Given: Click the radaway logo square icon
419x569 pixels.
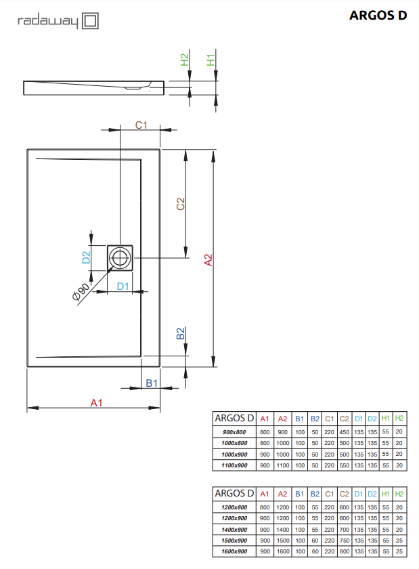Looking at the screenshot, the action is pyautogui.click(x=90, y=21).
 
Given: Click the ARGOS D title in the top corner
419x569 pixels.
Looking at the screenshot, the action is pyautogui.click(x=378, y=16).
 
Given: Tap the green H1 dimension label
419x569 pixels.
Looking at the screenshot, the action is pyautogui.click(x=211, y=60).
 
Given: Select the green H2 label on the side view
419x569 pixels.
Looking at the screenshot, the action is pyautogui.click(x=185, y=60).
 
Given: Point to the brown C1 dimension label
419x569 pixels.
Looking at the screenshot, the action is pyautogui.click(x=141, y=125).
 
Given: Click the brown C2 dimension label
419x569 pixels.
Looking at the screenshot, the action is pyautogui.click(x=180, y=204).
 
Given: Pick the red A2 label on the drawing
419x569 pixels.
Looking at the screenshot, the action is pyautogui.click(x=208, y=260).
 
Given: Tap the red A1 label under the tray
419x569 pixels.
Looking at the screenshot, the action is pyautogui.click(x=96, y=403).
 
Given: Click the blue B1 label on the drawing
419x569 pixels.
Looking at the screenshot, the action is pyautogui.click(x=152, y=383).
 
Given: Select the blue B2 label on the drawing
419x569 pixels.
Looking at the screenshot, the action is pyautogui.click(x=180, y=333).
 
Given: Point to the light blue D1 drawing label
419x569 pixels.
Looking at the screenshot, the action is pyautogui.click(x=123, y=287).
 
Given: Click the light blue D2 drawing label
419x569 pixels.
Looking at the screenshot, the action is pyautogui.click(x=86, y=257).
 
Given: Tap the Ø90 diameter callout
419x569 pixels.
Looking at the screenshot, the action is pyautogui.click(x=81, y=292).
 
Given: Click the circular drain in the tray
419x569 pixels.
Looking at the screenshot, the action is pyautogui.click(x=120, y=258).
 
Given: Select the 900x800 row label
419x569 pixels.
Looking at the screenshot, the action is pyautogui.click(x=234, y=432).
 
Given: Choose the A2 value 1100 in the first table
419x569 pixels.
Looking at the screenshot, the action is pyautogui.click(x=282, y=465).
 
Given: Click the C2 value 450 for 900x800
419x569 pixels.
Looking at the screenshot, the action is pyautogui.click(x=344, y=432).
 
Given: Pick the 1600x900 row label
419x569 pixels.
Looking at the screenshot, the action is pyautogui.click(x=234, y=551).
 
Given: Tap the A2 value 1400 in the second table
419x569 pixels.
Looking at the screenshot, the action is pyautogui.click(x=282, y=530).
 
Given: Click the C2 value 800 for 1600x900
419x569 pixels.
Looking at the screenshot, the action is pyautogui.click(x=344, y=551).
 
